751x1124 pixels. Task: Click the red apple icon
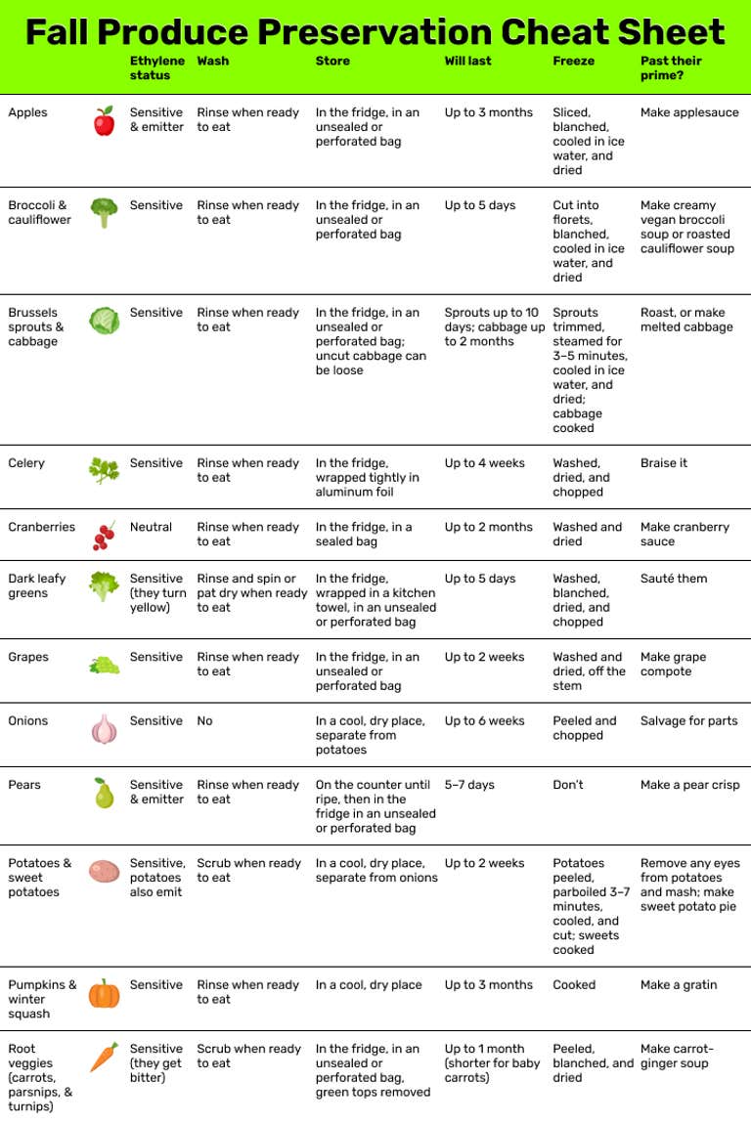tap(104, 121)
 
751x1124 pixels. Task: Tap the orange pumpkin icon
tap(104, 993)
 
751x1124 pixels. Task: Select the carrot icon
tap(104, 1057)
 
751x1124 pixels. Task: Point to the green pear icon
tap(104, 793)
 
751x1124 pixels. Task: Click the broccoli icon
tap(104, 212)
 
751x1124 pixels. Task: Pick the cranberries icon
tap(104, 535)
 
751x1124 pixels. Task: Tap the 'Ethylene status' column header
tap(156, 67)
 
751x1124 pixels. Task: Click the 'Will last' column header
tap(467, 61)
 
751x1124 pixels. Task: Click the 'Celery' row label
tap(26, 463)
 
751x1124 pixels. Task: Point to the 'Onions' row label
tap(28, 721)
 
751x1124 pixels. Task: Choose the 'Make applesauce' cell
tap(689, 112)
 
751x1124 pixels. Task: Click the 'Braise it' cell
tap(664, 463)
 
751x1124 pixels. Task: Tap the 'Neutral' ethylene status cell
tap(151, 527)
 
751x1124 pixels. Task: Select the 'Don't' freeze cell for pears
tap(568, 785)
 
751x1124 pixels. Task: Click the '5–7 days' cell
tap(469, 785)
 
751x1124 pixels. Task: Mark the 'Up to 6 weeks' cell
tap(484, 721)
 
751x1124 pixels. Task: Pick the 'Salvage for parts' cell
tap(689, 721)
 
